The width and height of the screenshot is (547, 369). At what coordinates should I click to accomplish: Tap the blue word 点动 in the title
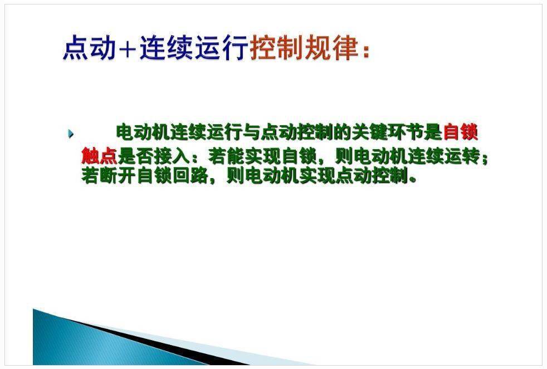(89, 47)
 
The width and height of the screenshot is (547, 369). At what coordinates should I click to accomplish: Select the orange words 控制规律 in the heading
(304, 47)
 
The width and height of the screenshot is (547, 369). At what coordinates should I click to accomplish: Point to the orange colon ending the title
(365, 52)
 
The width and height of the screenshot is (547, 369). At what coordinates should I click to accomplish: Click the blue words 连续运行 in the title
(194, 47)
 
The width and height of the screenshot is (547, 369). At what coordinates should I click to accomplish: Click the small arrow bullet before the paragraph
(71, 134)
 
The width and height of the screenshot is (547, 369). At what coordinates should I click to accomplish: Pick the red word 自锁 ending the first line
(460, 132)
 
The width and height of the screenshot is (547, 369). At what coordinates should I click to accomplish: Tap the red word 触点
(99, 155)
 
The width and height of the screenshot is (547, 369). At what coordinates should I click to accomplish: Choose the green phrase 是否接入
(154, 155)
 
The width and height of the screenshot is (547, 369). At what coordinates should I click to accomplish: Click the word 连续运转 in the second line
(445, 155)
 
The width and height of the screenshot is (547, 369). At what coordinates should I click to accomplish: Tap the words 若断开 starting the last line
(108, 175)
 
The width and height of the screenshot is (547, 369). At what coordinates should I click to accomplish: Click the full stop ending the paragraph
(413, 180)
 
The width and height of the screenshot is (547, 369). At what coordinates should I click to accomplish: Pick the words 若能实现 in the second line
(245, 155)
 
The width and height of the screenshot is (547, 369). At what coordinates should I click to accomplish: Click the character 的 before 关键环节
(343, 132)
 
